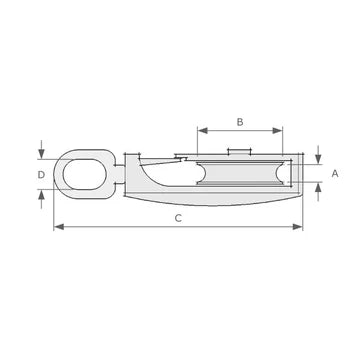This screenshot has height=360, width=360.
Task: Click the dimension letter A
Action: [335, 173]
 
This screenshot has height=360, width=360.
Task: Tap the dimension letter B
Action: [239, 121]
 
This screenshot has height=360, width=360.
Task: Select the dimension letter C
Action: [177, 217]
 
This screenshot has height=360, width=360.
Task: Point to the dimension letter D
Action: [41, 175]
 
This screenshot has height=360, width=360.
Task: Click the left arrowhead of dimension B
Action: [201, 130]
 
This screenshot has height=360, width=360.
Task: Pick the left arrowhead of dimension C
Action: [57, 227]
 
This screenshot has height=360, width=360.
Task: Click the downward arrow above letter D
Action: [41, 154]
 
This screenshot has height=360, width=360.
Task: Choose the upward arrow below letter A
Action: [317, 192]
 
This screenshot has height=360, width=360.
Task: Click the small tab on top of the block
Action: [240, 152]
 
